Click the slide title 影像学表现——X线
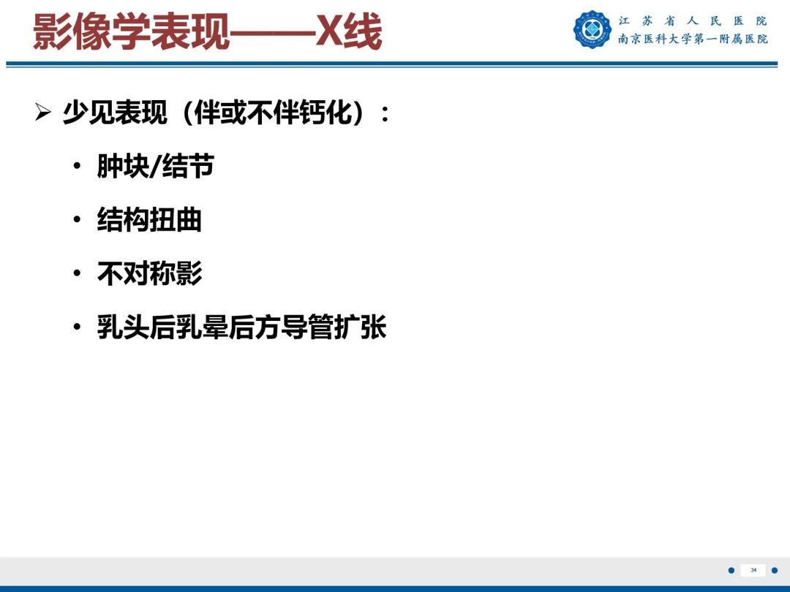[x=207, y=33]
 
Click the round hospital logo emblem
[x=591, y=30]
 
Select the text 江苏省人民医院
[x=693, y=21]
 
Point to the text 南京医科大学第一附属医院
[x=693, y=39]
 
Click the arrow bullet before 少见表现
[x=43, y=113]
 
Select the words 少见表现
[x=115, y=113]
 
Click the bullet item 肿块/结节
[x=156, y=167]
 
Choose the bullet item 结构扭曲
[x=149, y=220]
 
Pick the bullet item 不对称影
[x=149, y=273]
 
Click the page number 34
[x=753, y=570]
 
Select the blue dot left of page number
[x=731, y=570]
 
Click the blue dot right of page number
[x=775, y=570]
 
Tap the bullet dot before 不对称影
[x=78, y=274]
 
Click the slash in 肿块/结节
[x=156, y=167]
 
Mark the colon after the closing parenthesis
[x=385, y=115]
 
